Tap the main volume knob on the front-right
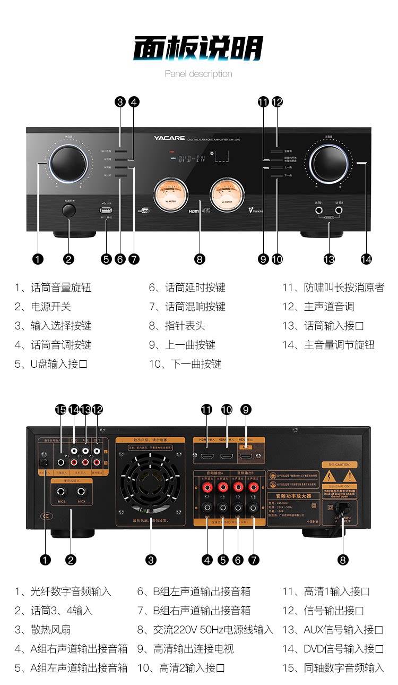click(x=331, y=158)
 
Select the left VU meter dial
click(x=171, y=195)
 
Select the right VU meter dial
click(x=227, y=195)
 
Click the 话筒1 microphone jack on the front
click(x=319, y=211)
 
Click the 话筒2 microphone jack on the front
click(x=339, y=211)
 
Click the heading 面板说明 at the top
click(x=198, y=49)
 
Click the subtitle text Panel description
click(x=198, y=74)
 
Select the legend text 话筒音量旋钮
click(x=60, y=287)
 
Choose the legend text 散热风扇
click(x=50, y=630)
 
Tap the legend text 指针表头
click(x=184, y=326)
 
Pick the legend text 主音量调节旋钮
click(x=339, y=345)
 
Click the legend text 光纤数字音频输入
click(x=70, y=591)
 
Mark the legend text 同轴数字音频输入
click(x=343, y=668)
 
